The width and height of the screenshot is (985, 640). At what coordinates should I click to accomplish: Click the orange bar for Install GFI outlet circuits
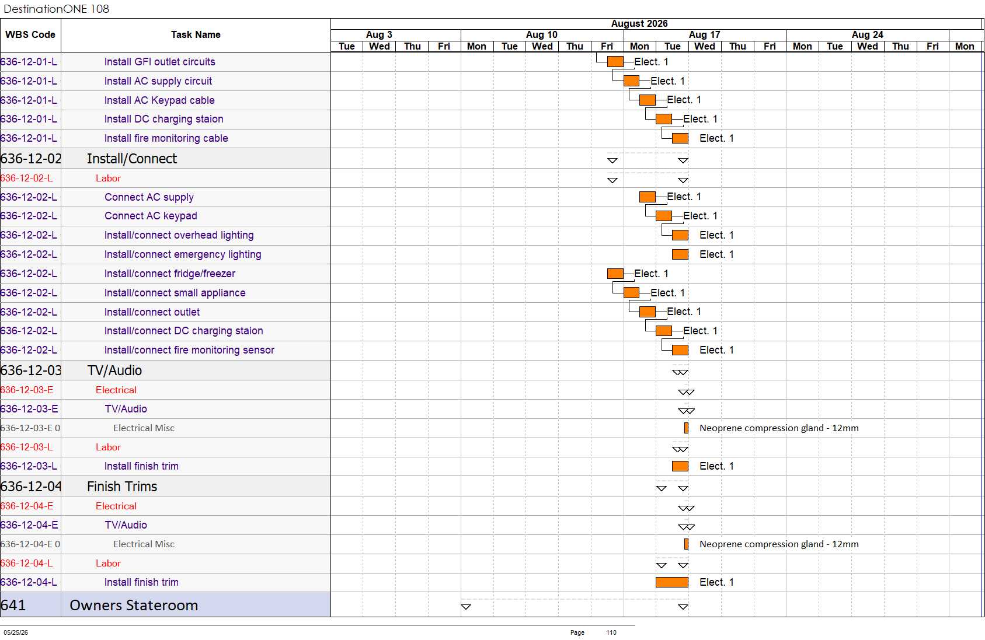(615, 61)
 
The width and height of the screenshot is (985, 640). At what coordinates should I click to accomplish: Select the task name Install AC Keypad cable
(159, 100)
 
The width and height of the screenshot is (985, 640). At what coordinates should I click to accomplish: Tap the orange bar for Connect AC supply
(648, 197)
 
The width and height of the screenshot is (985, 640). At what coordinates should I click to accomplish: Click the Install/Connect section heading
(132, 158)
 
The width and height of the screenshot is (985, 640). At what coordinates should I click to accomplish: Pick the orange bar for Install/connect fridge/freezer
(615, 274)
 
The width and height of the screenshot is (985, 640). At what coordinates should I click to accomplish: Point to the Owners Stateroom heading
(134, 605)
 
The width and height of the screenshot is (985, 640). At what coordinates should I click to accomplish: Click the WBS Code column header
(30, 34)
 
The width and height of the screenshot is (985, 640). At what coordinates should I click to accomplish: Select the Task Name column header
(196, 34)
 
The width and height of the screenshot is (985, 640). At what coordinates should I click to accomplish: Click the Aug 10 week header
(542, 34)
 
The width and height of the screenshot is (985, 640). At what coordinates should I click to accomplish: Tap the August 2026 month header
(639, 24)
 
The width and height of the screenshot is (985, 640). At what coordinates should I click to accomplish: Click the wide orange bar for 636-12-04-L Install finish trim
(672, 582)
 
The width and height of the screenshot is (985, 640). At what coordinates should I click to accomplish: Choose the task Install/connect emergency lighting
(183, 254)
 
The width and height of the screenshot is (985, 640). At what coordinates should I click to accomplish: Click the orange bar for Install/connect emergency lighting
(680, 254)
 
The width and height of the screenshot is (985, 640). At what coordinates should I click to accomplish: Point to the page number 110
(611, 632)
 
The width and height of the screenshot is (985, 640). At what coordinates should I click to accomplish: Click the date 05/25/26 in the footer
(16, 632)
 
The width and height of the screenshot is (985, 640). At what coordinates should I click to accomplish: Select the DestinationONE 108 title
(56, 9)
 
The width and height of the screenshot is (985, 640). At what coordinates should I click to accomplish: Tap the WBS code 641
(13, 605)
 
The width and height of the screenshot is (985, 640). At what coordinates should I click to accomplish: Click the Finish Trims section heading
(122, 486)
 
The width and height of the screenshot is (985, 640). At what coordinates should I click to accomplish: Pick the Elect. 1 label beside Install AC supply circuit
(667, 81)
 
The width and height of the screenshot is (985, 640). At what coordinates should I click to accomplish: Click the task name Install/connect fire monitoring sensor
(189, 350)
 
